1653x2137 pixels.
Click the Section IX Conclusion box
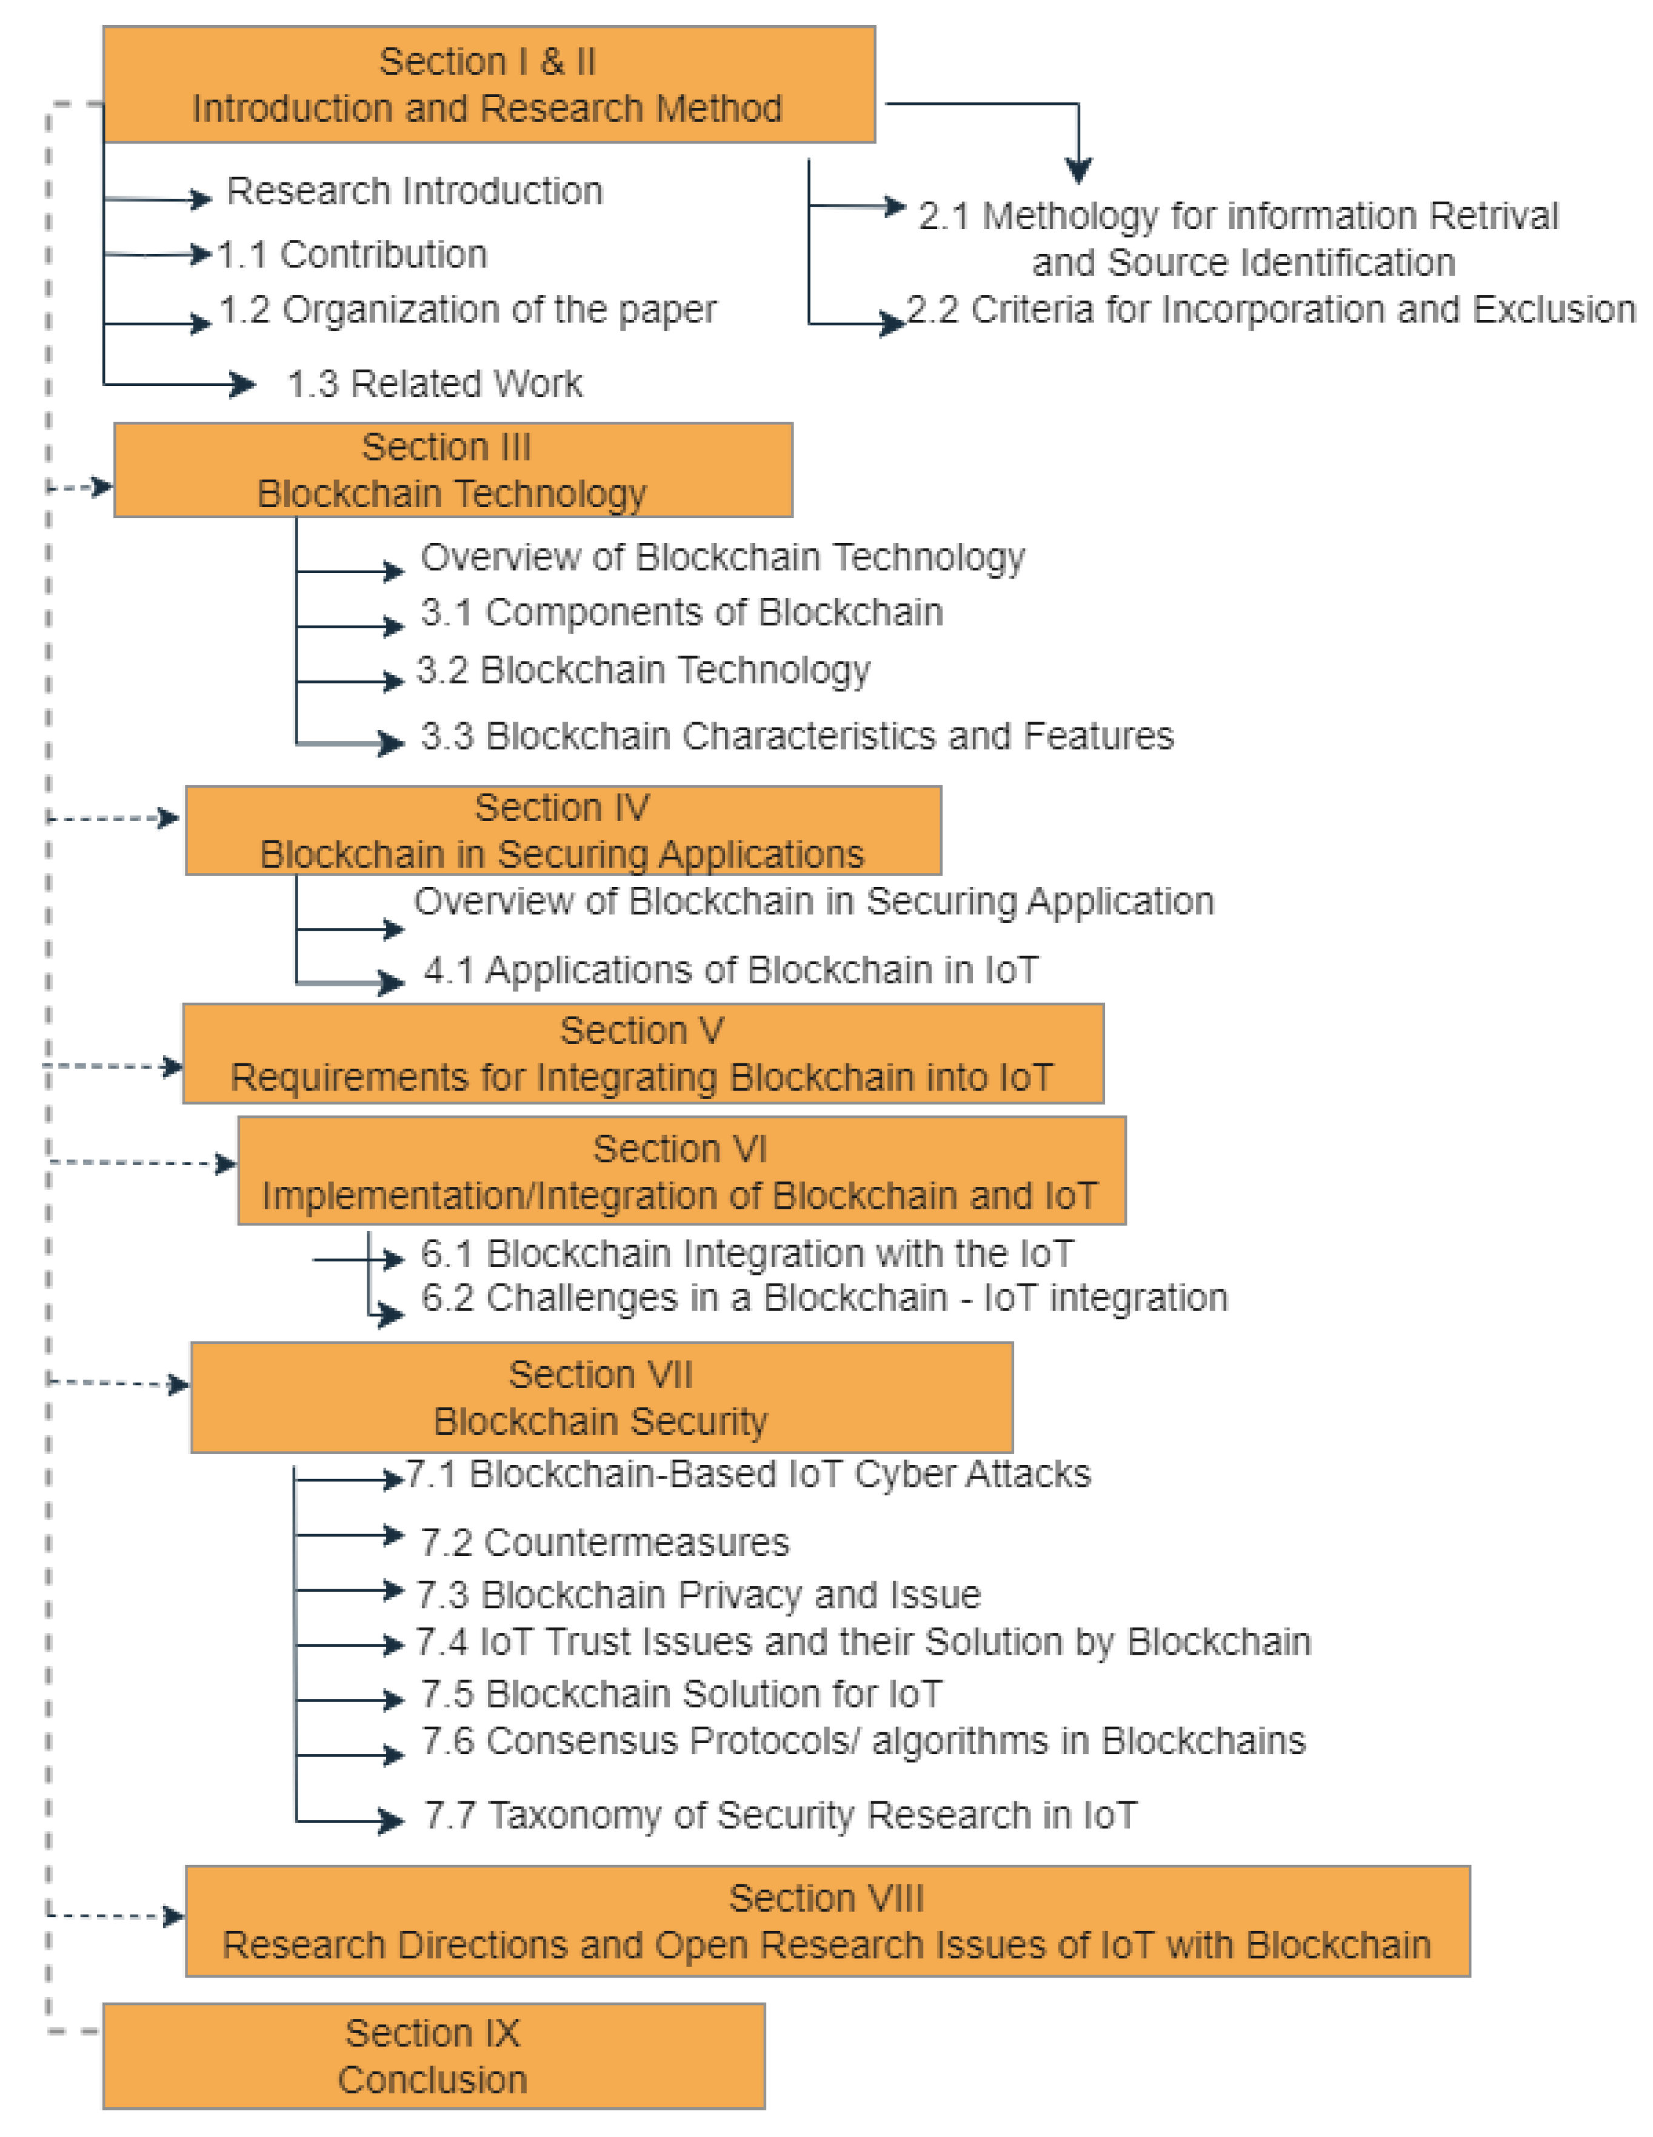[433, 2056]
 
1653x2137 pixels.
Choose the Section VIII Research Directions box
[827, 1921]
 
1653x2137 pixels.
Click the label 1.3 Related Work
[435, 384]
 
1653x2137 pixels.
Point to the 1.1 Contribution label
[352, 254]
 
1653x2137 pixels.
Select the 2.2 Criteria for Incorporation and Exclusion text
[1271, 309]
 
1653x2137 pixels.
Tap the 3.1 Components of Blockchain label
[681, 613]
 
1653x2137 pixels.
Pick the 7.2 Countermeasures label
[604, 1542]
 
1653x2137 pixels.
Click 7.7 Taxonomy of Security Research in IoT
[780, 1815]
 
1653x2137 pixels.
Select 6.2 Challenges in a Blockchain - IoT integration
[823, 1297]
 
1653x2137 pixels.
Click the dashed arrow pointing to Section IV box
[113, 818]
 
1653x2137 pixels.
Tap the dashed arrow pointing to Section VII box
[118, 1383]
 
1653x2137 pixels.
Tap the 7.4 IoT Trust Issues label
[862, 1642]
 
